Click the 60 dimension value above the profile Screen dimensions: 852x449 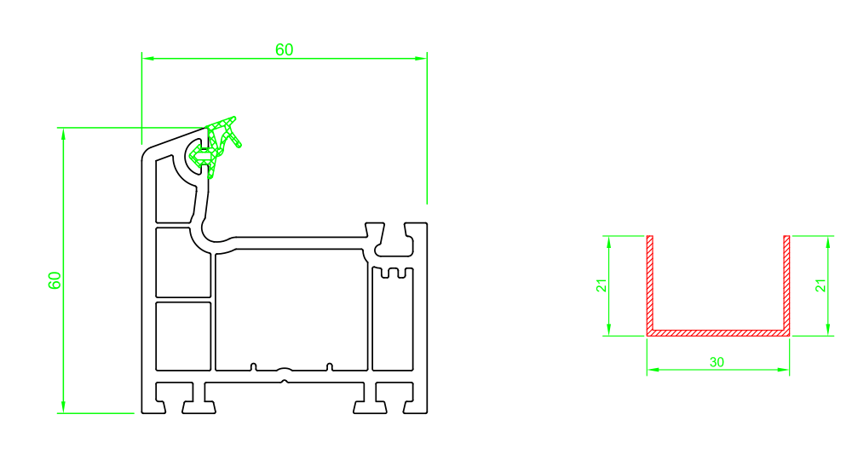pos(285,50)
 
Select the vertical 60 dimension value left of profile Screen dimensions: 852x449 pos(55,280)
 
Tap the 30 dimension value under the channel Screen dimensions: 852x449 pos(717,362)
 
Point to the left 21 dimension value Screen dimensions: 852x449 pos(602,285)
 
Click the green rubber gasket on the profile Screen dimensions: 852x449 pos(216,147)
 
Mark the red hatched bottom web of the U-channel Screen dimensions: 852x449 pos(717,332)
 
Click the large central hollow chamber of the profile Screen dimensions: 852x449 pos(291,310)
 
